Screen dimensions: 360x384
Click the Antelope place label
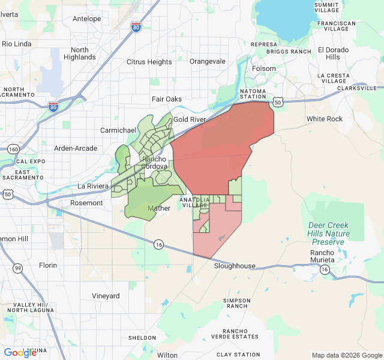click(86, 19)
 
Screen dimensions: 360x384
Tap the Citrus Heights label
click(149, 62)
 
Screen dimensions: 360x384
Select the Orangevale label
click(207, 61)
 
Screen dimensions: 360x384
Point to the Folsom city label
click(264, 68)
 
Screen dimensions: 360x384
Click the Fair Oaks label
click(166, 99)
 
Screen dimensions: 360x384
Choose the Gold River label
click(190, 120)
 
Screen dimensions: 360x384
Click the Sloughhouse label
click(235, 266)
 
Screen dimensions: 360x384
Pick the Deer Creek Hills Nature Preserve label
click(328, 233)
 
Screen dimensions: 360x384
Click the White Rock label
click(325, 119)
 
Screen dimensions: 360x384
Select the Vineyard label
click(106, 296)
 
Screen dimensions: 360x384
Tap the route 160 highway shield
click(13, 148)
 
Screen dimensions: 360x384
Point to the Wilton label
click(167, 355)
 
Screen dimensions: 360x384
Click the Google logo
click(20, 353)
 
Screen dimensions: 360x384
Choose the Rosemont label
click(86, 203)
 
